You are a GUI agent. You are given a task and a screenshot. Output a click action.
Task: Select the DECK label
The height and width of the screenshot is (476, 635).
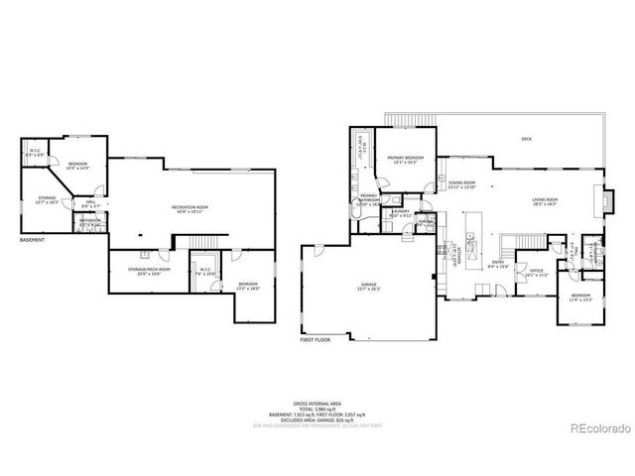[526, 140]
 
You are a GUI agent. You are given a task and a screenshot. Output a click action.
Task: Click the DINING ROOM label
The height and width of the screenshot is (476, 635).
[462, 184]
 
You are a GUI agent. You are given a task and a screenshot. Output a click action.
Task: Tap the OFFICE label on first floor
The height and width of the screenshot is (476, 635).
[537, 272]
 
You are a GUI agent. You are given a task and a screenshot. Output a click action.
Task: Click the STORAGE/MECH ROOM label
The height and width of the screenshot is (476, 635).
[149, 270]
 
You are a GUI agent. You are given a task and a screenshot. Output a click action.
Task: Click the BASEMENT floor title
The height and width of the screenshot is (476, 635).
[33, 239]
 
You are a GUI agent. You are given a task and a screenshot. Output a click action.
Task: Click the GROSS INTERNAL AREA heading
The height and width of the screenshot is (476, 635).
[317, 403]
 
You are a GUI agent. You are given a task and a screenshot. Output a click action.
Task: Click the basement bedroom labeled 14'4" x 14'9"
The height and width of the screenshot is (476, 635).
[77, 166]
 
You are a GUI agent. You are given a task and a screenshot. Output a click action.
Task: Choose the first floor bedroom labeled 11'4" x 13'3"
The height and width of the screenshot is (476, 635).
[580, 297]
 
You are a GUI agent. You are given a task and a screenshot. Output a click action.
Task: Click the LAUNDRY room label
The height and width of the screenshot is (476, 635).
[400, 212]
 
